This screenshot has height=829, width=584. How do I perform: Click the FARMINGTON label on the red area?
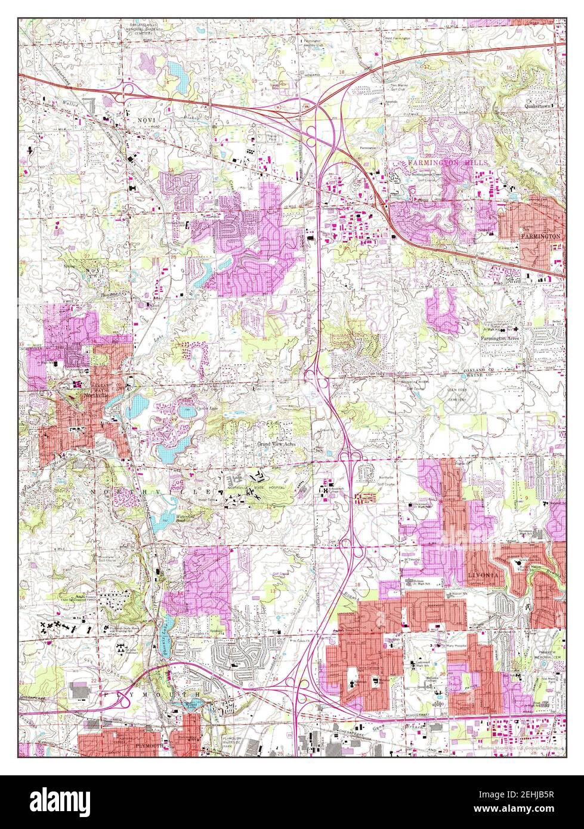pos(540,236)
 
